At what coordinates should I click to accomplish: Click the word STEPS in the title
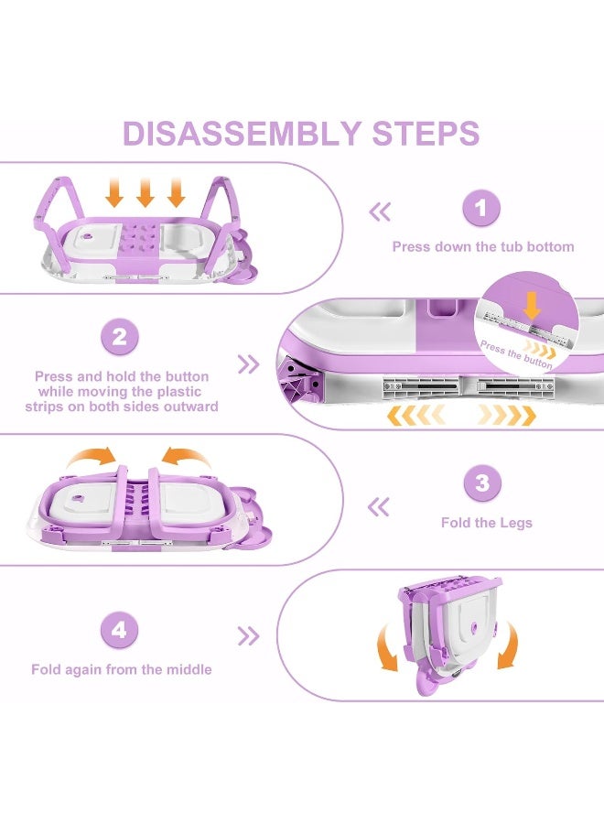point(426,133)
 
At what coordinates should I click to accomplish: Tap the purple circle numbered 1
point(480,208)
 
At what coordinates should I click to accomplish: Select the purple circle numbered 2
point(119,337)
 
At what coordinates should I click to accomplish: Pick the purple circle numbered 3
point(482,483)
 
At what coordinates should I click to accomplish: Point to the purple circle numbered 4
point(119,630)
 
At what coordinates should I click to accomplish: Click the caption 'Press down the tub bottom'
point(483,247)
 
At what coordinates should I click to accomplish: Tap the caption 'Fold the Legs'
point(486,523)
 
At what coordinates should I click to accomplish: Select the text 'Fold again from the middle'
point(122,669)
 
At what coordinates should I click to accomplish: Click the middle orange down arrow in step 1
point(145,192)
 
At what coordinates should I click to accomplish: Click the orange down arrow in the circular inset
point(532,306)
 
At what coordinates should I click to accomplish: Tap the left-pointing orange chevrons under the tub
point(415,416)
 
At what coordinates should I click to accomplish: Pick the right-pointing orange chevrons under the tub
point(507,416)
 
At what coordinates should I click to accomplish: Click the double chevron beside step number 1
point(380,212)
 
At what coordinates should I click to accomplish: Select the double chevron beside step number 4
point(248,636)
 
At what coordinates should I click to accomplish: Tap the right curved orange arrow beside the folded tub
point(509,646)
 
